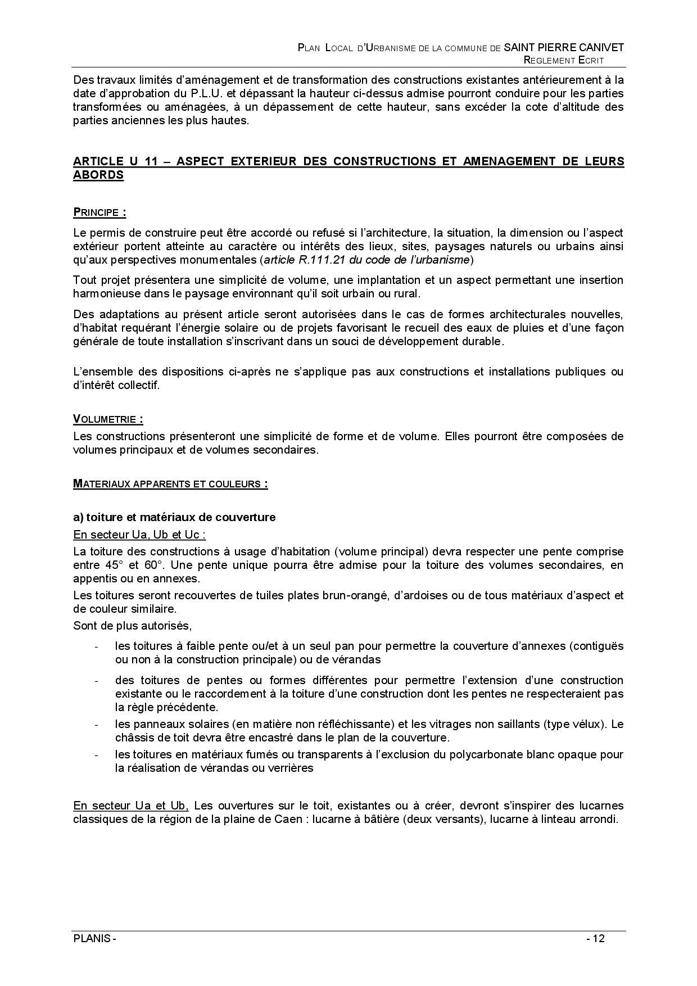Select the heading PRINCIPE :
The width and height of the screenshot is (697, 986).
click(99, 212)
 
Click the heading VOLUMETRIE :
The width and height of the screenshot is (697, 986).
click(108, 419)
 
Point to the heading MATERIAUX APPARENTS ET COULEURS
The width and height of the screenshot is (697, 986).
click(170, 484)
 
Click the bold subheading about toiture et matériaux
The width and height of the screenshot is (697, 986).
click(174, 517)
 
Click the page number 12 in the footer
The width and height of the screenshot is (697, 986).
click(598, 938)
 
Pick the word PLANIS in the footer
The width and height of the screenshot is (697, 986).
click(92, 938)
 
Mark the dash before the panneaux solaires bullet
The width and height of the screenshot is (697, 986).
click(97, 725)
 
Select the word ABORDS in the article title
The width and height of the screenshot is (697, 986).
click(98, 175)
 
